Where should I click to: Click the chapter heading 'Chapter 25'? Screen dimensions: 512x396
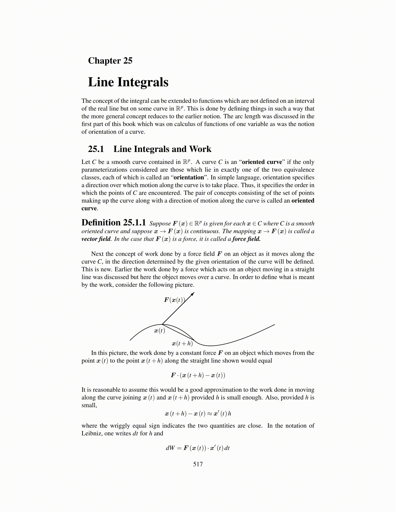(110, 61)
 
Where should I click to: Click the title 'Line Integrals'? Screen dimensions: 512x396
(128, 82)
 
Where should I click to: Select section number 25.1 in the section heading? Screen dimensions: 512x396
(96, 149)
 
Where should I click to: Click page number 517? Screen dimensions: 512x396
(198, 464)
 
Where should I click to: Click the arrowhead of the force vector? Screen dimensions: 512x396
(193, 294)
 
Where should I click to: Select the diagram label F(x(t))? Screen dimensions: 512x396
(174, 300)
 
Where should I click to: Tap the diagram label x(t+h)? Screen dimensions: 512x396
(182, 343)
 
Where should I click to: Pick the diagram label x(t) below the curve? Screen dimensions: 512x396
(159, 331)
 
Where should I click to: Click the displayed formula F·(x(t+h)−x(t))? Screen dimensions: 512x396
(198, 375)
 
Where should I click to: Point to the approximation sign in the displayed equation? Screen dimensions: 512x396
(209, 414)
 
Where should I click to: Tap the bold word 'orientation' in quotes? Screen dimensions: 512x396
(189, 177)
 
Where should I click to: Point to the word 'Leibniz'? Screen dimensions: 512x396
(91, 433)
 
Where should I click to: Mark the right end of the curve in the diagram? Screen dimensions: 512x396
(274, 325)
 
